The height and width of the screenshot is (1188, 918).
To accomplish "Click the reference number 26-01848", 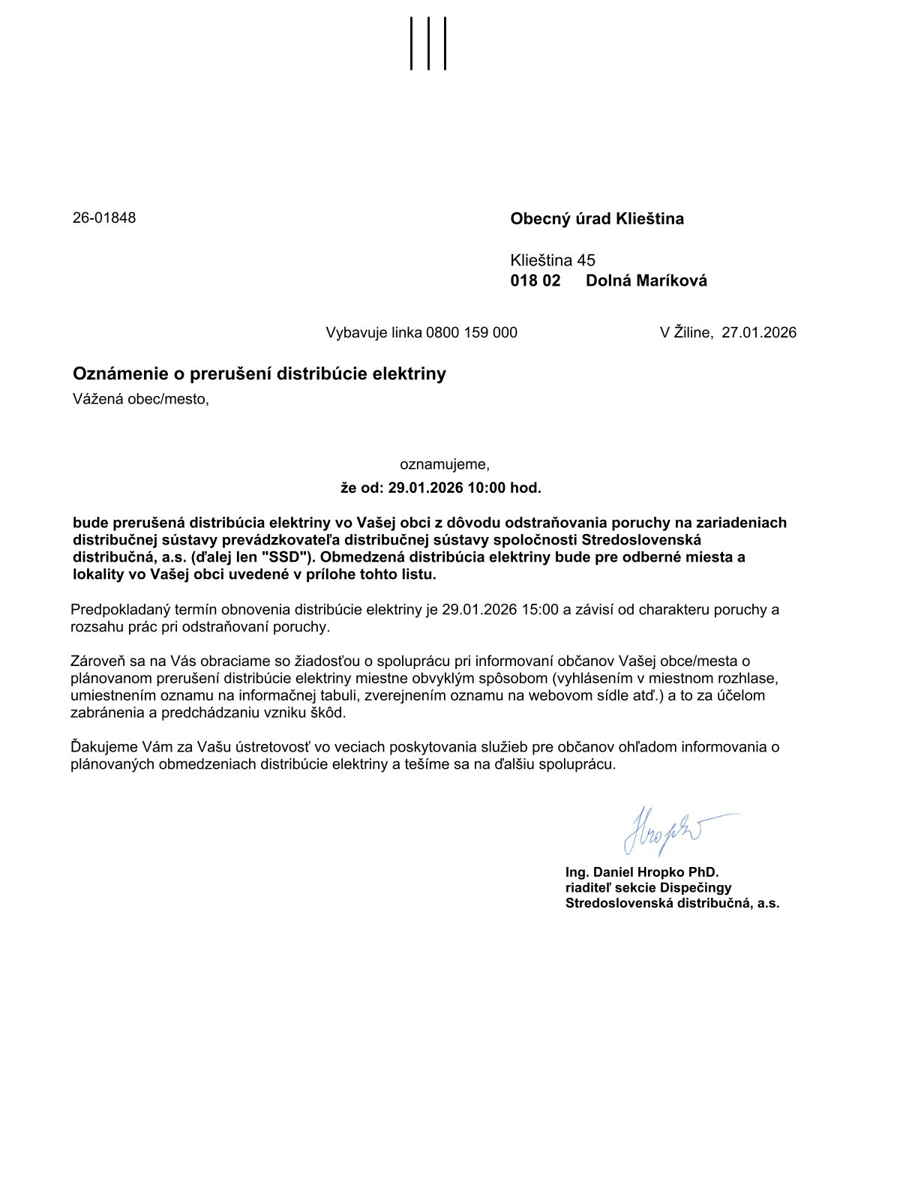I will [x=104, y=218].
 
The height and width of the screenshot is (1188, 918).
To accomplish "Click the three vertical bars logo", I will [x=428, y=43].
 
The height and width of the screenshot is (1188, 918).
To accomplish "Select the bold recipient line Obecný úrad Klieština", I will [x=597, y=219].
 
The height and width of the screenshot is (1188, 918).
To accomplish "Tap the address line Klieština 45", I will [x=553, y=260].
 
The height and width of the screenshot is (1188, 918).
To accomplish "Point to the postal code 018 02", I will [x=535, y=281].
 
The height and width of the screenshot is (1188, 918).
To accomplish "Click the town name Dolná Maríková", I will [x=646, y=281].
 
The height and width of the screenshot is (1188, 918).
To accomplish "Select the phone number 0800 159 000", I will [x=472, y=332].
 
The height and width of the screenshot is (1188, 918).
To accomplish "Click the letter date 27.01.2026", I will [x=759, y=332].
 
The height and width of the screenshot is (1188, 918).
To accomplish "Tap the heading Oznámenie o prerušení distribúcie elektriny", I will [x=259, y=373].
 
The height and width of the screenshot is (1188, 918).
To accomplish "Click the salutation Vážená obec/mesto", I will [x=141, y=399].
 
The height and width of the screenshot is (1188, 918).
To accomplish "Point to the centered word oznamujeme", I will [x=445, y=464].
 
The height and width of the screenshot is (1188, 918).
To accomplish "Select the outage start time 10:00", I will [x=487, y=488].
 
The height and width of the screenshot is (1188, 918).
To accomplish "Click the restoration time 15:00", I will [x=540, y=610].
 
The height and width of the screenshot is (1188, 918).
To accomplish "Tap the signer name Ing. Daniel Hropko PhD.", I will [x=642, y=872].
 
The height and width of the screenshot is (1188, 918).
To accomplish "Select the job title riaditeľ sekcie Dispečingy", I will [x=648, y=888].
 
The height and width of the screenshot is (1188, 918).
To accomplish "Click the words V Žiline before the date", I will [x=685, y=332].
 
